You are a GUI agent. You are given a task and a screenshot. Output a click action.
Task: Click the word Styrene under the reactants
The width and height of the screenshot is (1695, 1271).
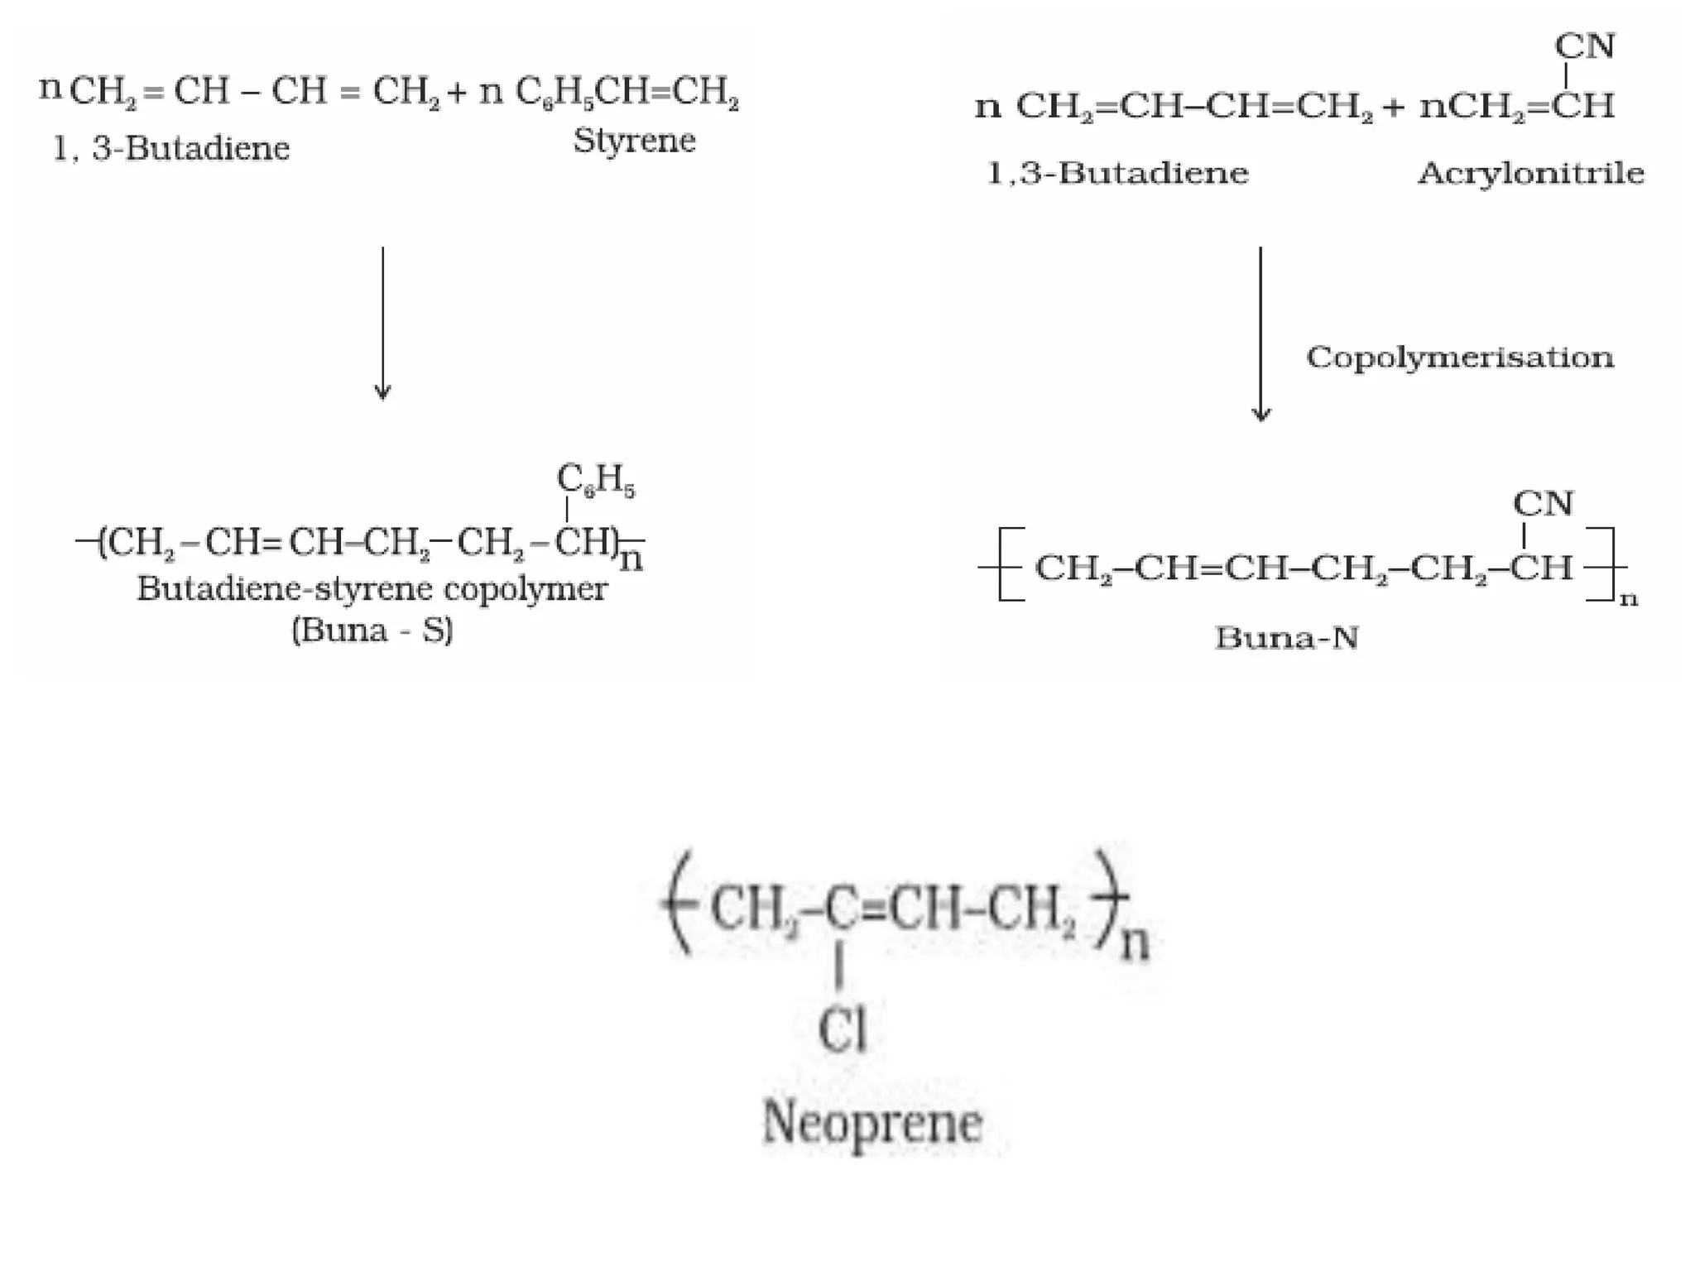634,141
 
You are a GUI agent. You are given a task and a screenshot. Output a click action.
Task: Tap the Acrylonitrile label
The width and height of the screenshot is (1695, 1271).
1531,174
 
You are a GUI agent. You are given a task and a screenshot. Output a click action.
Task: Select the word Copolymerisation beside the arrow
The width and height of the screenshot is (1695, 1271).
1460,357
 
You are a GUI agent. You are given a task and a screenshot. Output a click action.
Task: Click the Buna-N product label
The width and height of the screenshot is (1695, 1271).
1287,638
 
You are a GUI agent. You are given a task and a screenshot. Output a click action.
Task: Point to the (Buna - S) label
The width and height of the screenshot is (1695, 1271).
372,631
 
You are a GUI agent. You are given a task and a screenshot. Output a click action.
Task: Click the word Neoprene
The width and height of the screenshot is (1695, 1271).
872,1124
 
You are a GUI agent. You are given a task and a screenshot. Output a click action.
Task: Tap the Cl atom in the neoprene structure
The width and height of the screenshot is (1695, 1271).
842,1031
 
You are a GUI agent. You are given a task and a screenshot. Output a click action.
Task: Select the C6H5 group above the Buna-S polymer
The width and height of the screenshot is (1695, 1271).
596,480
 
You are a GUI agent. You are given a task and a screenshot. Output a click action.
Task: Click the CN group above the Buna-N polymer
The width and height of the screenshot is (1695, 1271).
1544,503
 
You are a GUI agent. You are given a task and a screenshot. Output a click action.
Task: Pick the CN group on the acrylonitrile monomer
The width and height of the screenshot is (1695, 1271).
1585,46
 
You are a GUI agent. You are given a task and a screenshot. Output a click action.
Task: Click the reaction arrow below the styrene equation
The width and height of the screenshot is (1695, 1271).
382,323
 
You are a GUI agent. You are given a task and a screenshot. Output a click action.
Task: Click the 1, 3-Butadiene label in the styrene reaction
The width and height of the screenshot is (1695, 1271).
171,149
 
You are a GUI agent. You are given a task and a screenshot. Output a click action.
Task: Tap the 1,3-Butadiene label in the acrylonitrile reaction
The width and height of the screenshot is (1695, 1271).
1117,174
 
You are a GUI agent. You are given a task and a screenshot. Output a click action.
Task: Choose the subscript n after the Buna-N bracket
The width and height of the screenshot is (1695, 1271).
1629,599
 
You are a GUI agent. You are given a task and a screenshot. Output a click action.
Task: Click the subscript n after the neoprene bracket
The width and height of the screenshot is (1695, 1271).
1135,943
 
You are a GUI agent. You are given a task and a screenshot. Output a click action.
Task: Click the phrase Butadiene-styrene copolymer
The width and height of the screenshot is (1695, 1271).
372,589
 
